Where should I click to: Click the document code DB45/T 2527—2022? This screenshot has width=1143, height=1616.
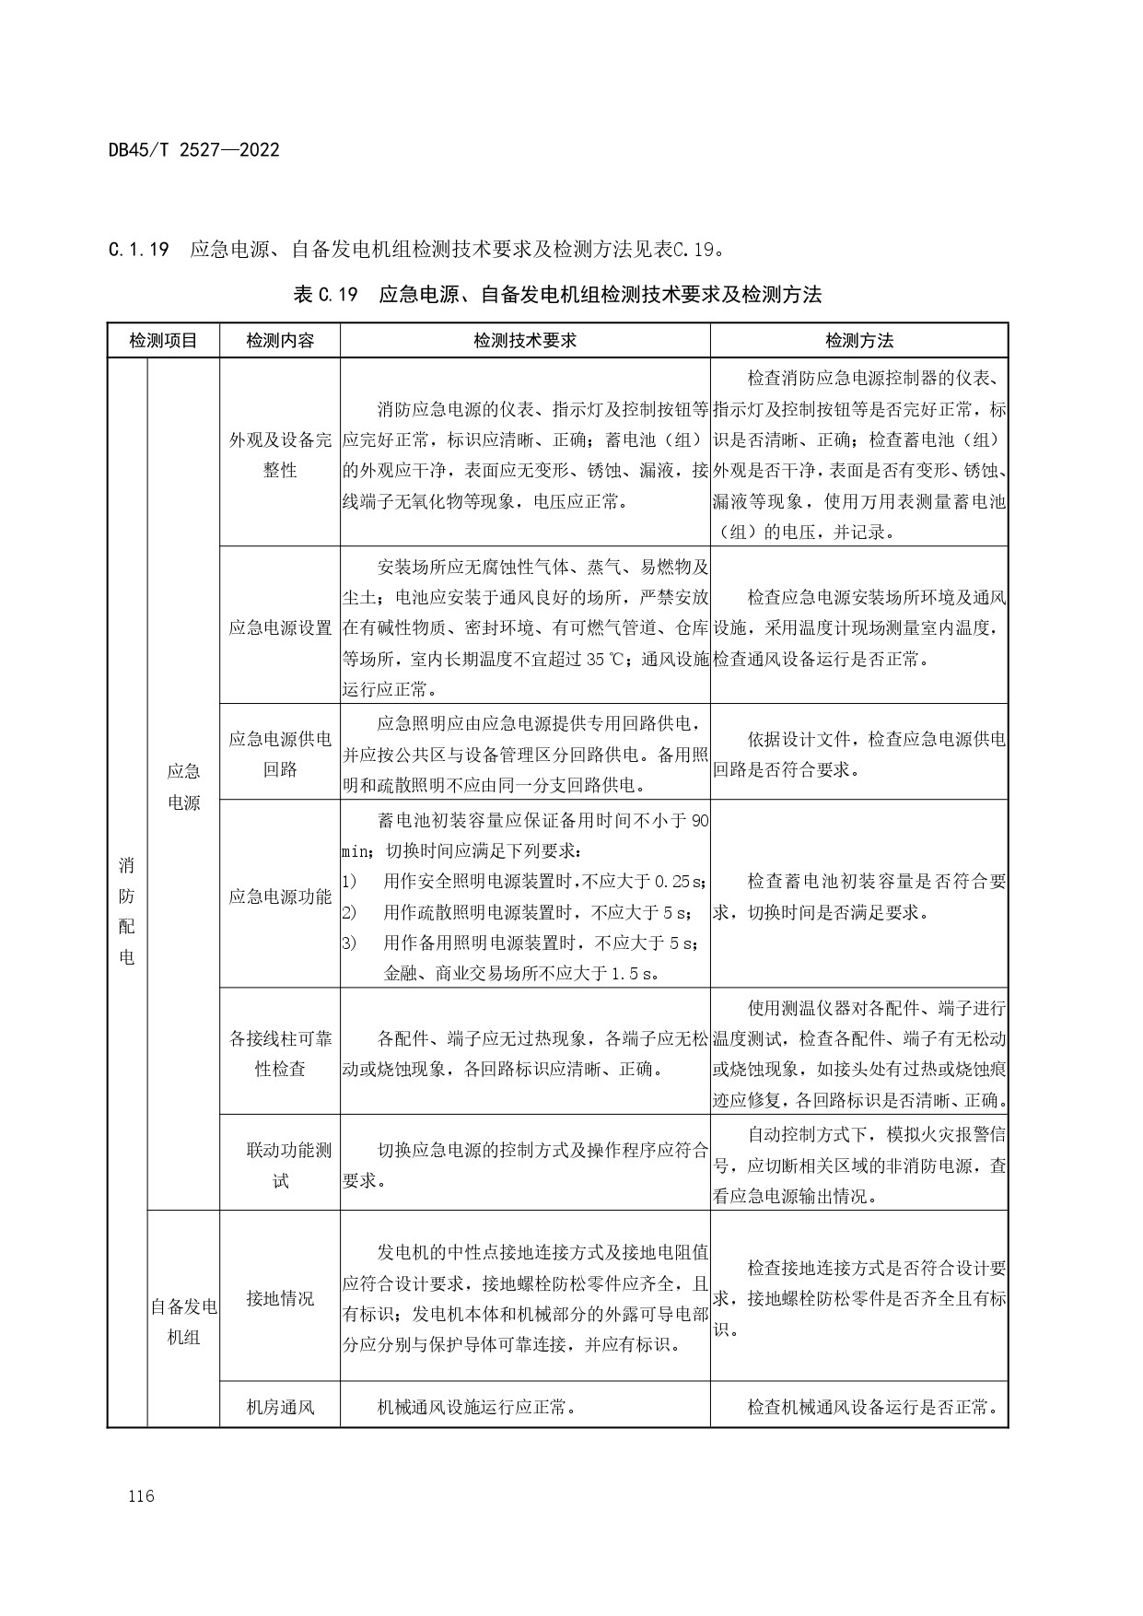pos(193,150)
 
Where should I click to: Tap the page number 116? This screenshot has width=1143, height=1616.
pos(142,1495)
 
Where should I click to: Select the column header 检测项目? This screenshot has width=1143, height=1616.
pos(163,341)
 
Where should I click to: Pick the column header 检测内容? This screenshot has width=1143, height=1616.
pos(280,341)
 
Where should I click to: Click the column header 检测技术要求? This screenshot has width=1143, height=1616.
pos(525,341)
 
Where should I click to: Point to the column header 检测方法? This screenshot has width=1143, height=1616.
pos(858,341)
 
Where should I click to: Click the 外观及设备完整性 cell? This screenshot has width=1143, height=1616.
pos(280,455)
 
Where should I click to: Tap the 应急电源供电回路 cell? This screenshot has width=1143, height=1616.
pos(280,754)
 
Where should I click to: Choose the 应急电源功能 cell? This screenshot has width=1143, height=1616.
pos(280,896)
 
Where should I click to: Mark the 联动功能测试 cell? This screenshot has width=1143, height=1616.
pos(280,1165)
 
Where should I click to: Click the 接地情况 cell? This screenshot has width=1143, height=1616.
pos(280,1298)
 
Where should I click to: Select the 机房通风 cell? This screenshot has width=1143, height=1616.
pos(280,1408)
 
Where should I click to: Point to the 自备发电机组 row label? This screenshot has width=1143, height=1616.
pos(183,1321)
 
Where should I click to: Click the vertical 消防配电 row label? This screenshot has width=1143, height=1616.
pos(127,910)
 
